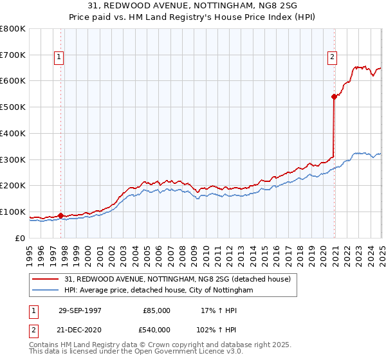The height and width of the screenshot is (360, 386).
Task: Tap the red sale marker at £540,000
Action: (335, 96)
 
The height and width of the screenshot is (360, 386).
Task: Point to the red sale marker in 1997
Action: (60, 216)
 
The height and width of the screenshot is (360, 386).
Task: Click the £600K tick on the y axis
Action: (13, 81)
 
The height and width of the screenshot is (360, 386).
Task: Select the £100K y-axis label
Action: (13, 212)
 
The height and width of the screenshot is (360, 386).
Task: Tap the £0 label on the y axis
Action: (20, 238)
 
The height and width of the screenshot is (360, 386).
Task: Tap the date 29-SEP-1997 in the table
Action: (80, 310)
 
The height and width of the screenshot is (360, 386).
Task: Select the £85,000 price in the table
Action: (157, 310)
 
